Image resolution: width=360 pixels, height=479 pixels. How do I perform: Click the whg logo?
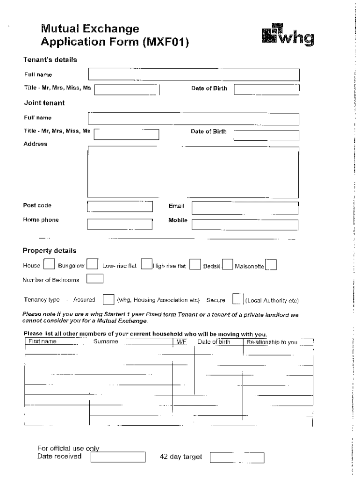click(288, 35)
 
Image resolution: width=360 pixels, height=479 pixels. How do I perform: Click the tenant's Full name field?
click(193, 74)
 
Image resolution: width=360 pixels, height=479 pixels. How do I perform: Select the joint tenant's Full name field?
click(193, 118)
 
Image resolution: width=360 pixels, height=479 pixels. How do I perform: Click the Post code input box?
click(120, 206)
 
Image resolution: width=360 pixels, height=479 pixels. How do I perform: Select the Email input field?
click(245, 208)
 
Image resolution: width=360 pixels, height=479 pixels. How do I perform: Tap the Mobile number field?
click(245, 225)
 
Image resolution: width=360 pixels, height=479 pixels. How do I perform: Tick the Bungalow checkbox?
click(93, 265)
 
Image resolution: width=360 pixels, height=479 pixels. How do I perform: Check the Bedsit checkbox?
click(228, 265)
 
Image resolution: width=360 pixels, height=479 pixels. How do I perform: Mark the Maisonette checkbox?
click(271, 265)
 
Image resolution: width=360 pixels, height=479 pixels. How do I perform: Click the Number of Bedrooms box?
click(95, 279)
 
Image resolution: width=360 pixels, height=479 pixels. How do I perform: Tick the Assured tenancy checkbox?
click(108, 299)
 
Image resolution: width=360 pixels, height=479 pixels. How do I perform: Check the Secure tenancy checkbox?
click(238, 299)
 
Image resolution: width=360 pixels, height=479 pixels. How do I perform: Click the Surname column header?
click(106, 342)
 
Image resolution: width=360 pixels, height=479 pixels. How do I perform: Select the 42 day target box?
click(238, 457)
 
